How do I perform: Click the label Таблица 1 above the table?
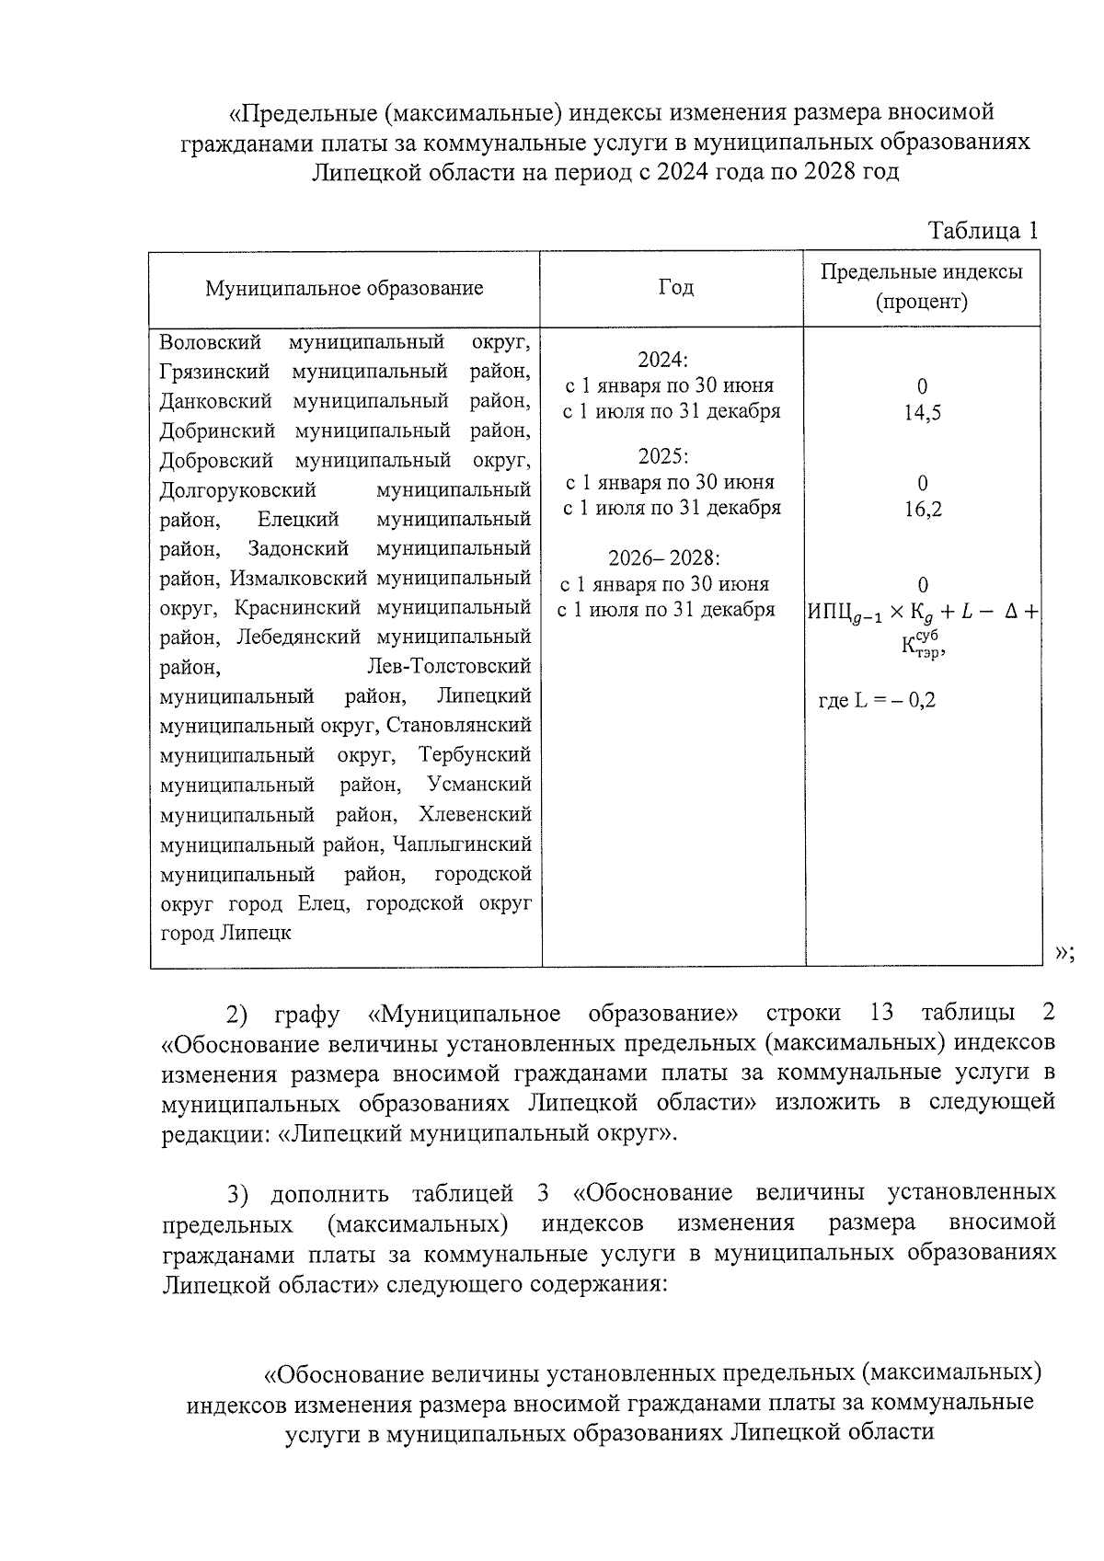(x=983, y=230)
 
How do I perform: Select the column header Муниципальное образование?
(x=344, y=288)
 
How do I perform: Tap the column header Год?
(x=675, y=287)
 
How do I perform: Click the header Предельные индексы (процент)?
(x=922, y=286)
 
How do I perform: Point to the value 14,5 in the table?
(x=923, y=412)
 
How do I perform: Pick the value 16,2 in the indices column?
(x=923, y=509)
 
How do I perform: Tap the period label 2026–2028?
(x=664, y=558)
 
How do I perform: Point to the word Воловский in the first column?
(x=210, y=342)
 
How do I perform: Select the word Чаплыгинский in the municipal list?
(x=462, y=844)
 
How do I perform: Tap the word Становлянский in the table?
(x=458, y=725)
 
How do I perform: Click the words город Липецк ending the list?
(x=225, y=932)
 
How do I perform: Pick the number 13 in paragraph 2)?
(x=881, y=1013)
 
